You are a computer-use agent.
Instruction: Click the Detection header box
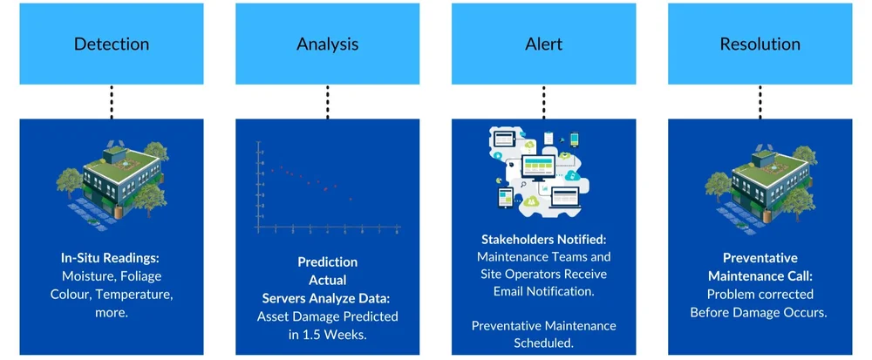tap(111, 44)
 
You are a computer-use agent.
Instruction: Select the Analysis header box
tap(327, 44)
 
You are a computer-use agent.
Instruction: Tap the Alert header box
tap(543, 44)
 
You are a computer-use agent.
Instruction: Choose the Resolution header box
tap(760, 44)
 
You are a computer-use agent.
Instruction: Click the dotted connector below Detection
tap(111, 102)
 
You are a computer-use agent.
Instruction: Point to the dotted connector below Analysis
tap(327, 102)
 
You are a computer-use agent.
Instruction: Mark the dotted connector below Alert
tap(543, 102)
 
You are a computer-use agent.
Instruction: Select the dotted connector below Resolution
tap(760, 102)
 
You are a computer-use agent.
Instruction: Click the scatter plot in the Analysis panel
tap(327, 187)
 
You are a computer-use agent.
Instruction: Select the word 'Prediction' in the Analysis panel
tap(327, 262)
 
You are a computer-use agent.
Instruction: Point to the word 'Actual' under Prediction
tap(327, 279)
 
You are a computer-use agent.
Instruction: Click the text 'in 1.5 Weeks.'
tap(327, 334)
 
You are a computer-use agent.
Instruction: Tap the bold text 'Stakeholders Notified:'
tap(543, 239)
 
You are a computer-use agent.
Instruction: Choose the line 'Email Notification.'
tap(543, 292)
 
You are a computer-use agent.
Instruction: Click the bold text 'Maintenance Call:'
tap(760, 275)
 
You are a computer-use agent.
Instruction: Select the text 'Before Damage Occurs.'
tap(760, 311)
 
